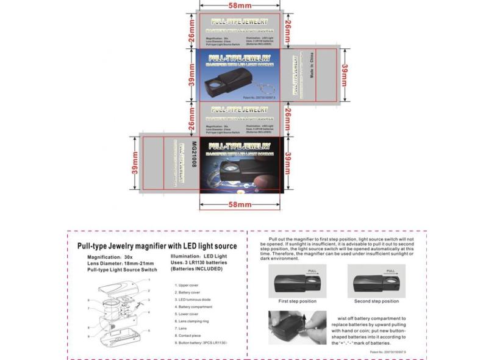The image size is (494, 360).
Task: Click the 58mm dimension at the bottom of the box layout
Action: [240, 204]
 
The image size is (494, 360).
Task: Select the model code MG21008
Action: [194, 159]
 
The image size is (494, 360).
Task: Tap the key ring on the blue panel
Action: [262, 87]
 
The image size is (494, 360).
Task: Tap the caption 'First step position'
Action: [297, 301]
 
